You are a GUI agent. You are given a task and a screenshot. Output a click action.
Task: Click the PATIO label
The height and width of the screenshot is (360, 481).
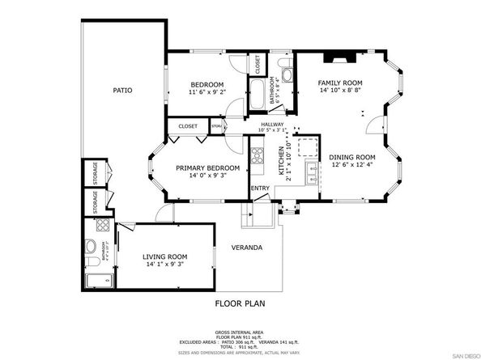coord(122,91)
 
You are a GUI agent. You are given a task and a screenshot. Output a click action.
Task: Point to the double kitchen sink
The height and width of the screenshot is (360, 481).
coord(311,171)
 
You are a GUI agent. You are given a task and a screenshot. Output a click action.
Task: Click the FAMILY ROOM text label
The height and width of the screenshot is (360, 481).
coord(338,83)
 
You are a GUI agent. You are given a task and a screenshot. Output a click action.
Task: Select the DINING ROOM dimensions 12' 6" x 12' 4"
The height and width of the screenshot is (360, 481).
coord(352,166)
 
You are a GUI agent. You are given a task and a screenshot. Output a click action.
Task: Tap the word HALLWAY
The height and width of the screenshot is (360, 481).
coord(271,124)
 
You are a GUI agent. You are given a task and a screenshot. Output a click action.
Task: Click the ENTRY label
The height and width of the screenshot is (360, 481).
coord(260,188)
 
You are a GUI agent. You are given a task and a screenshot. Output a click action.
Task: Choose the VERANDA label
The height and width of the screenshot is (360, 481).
coord(245,248)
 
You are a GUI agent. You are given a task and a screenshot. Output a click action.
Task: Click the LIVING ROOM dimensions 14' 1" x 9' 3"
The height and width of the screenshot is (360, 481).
coord(154,264)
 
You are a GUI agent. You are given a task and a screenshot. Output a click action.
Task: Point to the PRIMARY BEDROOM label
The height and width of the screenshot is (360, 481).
coord(202,167)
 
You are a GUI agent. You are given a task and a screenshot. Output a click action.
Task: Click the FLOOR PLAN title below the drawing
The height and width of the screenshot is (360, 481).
coord(240,304)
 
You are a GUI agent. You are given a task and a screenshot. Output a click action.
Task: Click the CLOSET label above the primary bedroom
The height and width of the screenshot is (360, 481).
coord(188,126)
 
